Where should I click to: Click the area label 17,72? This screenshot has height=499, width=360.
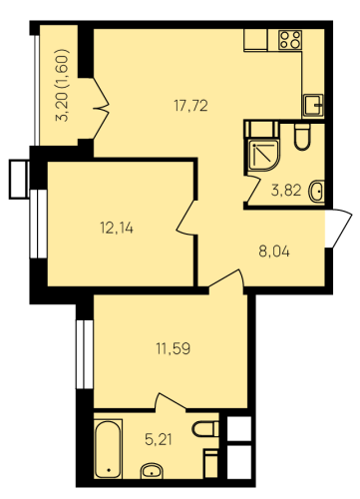190,106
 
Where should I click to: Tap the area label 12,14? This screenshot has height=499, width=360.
117,229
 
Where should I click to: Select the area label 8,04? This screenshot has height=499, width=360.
274,251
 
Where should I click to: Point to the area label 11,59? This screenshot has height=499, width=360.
174,349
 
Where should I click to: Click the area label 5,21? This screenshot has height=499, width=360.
159,440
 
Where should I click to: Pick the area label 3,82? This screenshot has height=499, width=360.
286,191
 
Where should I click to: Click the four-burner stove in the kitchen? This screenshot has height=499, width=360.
290,40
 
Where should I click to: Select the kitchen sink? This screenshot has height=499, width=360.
313,105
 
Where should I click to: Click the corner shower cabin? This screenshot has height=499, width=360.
263,156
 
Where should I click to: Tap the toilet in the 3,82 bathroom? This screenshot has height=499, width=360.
302,137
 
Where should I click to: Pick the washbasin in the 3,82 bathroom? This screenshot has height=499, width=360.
317,192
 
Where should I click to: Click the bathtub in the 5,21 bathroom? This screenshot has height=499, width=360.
108,449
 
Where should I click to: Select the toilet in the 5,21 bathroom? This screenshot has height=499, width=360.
205,429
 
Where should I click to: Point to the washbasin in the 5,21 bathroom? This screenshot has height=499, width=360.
152,471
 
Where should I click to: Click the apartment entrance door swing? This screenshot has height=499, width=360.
338,229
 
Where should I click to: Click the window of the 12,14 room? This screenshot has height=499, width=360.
38,224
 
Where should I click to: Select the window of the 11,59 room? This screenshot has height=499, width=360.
85,354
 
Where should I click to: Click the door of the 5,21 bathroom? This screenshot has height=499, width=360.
170,401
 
